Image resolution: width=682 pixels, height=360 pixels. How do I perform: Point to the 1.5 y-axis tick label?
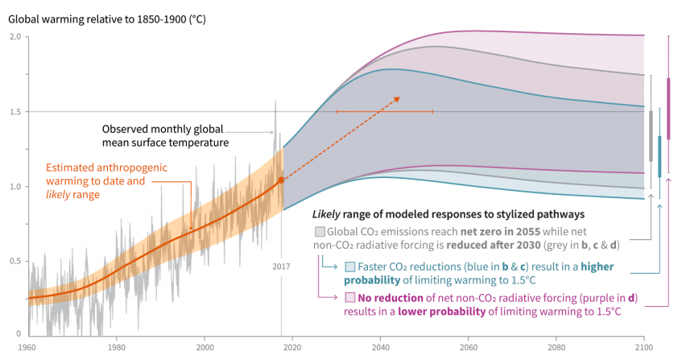click(15, 111)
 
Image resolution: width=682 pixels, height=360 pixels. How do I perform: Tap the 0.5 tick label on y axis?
click(15, 260)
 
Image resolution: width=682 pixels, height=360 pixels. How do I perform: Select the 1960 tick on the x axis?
click(27, 346)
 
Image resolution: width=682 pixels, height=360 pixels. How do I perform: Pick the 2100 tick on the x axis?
click(643, 346)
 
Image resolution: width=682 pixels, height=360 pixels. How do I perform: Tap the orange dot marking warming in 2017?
click(281, 180)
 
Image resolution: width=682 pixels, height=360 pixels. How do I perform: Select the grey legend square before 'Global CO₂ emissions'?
click(320, 232)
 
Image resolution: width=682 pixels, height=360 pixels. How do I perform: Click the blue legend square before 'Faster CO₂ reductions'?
click(349, 267)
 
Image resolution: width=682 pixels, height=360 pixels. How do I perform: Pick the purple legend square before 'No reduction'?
click(349, 298)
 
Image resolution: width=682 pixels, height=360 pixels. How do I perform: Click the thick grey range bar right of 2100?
click(651, 137)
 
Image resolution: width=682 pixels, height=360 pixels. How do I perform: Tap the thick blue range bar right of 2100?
click(659, 155)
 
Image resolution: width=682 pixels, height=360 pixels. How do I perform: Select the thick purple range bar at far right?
click(668, 108)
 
